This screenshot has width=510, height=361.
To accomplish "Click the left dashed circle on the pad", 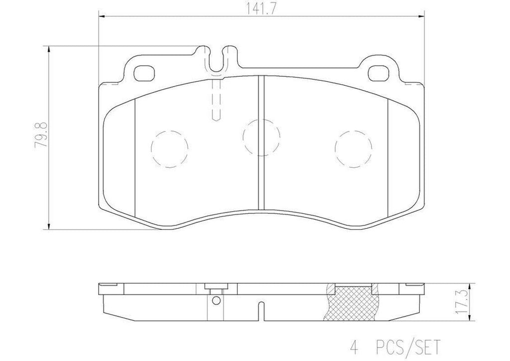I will point(169,148).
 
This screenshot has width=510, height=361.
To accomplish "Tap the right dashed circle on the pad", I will point(354,148).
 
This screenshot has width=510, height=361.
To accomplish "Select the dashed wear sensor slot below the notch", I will point(217,100).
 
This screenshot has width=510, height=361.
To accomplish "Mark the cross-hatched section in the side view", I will point(354,302).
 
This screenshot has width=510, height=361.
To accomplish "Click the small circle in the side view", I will point(215,300).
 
